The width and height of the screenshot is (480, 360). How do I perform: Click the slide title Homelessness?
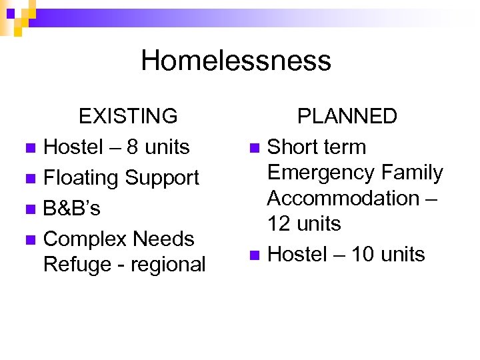(236, 61)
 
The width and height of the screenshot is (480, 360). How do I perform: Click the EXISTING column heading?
(128, 116)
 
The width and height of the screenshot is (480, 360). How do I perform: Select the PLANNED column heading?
(347, 116)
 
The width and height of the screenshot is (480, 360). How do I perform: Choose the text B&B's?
(71, 208)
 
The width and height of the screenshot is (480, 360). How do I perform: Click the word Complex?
(85, 239)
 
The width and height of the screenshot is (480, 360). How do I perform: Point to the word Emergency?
(317, 173)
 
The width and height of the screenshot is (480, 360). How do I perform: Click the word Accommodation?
(344, 198)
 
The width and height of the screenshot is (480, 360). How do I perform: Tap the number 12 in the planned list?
(279, 223)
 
